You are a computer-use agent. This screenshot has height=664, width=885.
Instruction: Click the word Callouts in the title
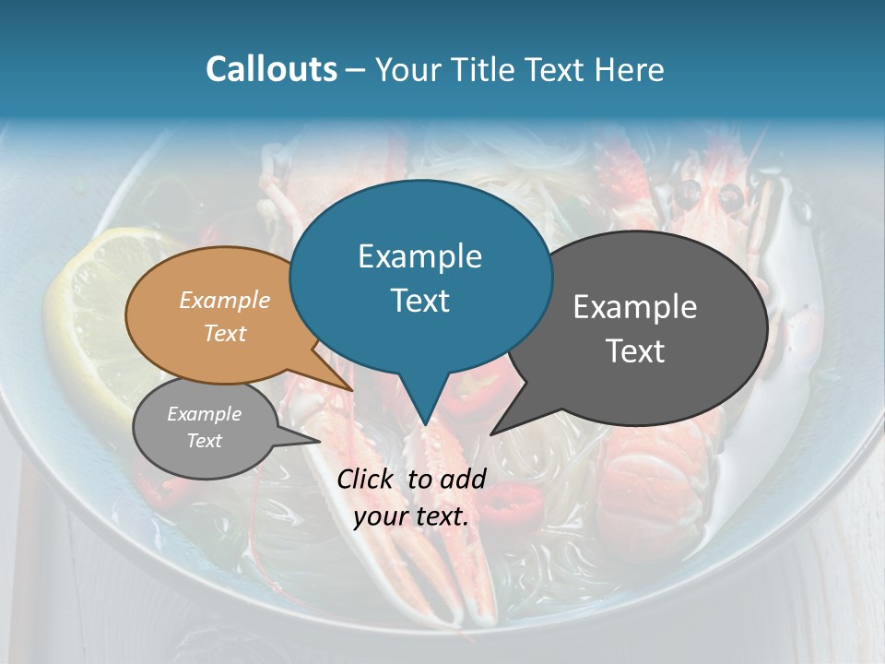(x=271, y=70)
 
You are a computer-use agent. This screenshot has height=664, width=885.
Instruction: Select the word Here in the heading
(x=630, y=70)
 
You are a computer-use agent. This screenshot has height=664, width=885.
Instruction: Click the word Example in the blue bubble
(x=419, y=256)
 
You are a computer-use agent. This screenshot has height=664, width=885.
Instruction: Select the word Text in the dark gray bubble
(x=635, y=351)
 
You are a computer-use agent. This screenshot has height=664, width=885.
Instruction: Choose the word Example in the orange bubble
(x=225, y=301)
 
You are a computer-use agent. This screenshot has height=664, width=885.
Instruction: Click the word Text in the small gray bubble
(x=204, y=441)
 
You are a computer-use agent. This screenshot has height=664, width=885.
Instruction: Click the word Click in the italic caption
(x=367, y=479)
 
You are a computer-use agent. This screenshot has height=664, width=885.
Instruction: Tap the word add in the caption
(x=463, y=479)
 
